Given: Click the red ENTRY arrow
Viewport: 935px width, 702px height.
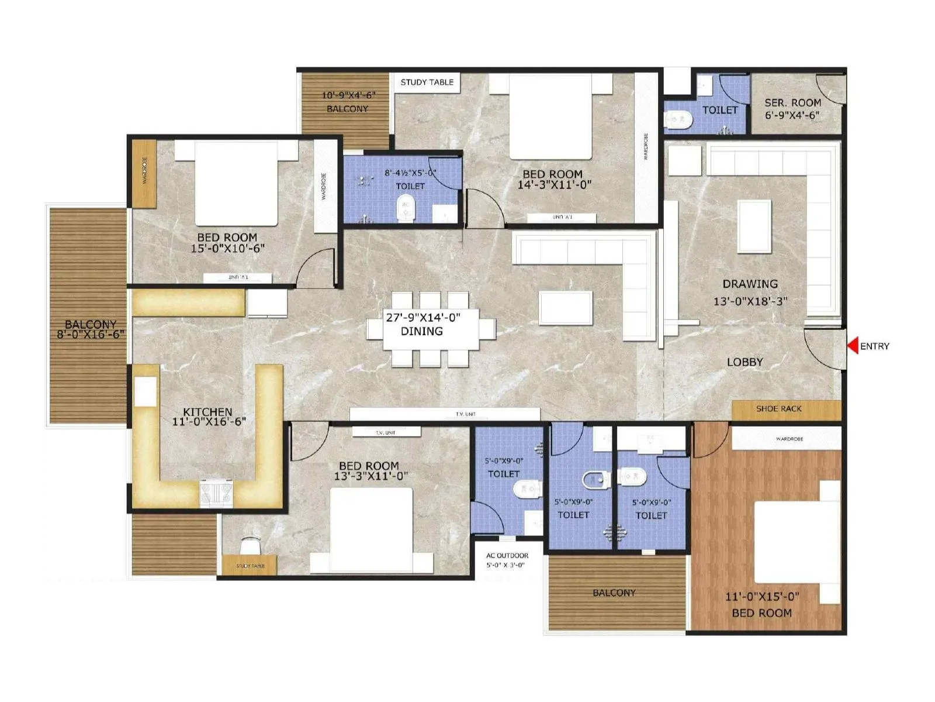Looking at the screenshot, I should [853, 346].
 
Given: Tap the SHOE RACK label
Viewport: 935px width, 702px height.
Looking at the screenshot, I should [778, 409].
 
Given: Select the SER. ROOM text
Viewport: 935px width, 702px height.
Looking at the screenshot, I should [792, 102].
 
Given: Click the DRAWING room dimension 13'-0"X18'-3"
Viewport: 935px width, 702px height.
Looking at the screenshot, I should [750, 302].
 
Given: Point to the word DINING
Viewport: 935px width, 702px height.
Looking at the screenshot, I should [421, 331].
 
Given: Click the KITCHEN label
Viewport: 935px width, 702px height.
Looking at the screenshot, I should [207, 412].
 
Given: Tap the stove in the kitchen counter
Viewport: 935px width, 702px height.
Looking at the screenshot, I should [216, 493].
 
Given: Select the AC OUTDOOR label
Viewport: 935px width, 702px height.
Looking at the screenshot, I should [507, 556].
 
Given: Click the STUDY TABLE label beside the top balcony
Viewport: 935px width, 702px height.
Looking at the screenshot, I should [427, 82].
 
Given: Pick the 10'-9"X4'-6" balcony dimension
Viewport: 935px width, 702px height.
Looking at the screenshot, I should [348, 95].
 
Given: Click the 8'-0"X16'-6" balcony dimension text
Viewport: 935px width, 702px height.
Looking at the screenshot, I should [90, 335].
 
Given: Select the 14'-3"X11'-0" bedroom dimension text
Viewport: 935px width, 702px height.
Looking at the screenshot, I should [554, 185].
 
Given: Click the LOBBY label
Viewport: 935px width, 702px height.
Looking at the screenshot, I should [744, 362].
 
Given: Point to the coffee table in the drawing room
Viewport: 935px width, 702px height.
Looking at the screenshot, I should [754, 226].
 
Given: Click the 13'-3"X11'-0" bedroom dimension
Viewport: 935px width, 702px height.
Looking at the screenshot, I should [370, 476].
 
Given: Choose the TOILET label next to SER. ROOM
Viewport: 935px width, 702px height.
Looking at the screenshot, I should [719, 110].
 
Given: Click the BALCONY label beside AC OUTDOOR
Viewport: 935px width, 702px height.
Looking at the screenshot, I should [614, 593].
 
